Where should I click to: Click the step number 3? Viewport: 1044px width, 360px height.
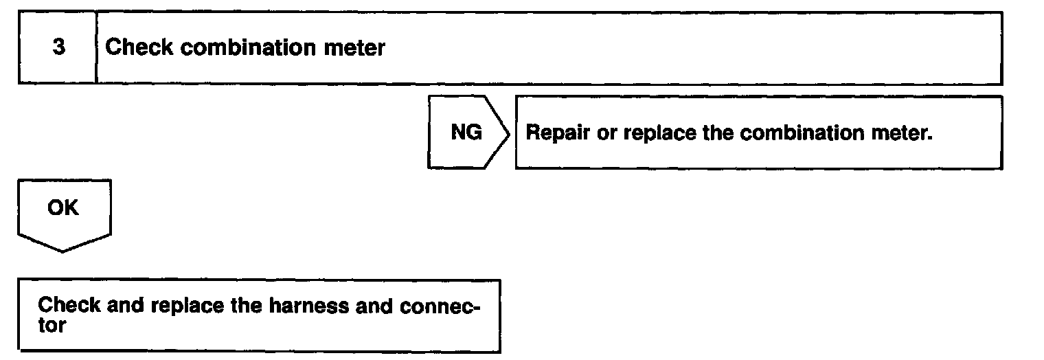[x=59, y=48]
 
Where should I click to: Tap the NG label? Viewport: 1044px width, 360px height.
[x=466, y=133]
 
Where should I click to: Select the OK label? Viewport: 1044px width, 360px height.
[x=63, y=207]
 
